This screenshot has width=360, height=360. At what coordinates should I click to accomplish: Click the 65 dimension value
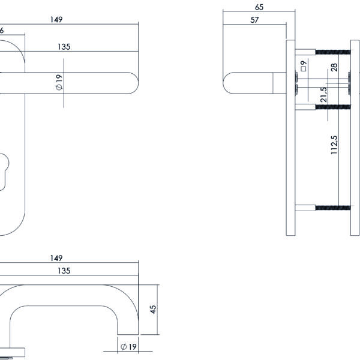(x=259, y=7)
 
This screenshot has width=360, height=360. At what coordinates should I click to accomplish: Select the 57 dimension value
(x=254, y=20)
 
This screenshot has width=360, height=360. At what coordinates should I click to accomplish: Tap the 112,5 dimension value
(x=334, y=145)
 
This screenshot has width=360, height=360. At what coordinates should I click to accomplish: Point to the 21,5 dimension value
(x=323, y=95)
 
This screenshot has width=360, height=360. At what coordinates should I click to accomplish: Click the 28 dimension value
(x=334, y=68)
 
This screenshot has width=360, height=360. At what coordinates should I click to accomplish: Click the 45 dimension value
(x=153, y=309)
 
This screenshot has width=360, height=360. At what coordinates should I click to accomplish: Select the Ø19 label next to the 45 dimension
(x=127, y=347)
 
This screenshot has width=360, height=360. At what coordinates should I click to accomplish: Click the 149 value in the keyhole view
(x=56, y=20)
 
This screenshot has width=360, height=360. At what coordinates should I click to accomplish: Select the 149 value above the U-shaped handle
(x=56, y=258)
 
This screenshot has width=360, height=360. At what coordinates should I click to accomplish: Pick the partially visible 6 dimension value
(x=2, y=29)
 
